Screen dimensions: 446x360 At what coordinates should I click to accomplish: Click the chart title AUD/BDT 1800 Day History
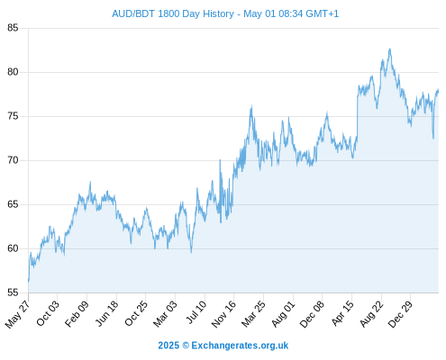click(173, 13)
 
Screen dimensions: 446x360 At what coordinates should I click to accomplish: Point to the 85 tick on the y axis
click(13, 28)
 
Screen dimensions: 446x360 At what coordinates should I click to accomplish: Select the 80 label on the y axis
click(13, 72)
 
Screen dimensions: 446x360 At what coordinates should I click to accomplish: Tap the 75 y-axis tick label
click(13, 116)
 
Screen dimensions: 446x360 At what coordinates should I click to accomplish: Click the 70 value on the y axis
click(13, 160)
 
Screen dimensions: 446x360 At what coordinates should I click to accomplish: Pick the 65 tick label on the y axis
click(13, 204)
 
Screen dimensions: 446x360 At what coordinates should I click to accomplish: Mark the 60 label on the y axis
click(13, 248)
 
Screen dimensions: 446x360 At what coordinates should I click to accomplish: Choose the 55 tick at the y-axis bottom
click(13, 292)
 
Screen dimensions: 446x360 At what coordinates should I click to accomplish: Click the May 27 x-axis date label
click(17, 314)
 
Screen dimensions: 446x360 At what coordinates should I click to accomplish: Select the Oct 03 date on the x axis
click(48, 313)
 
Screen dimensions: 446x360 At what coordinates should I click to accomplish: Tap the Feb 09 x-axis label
click(77, 313)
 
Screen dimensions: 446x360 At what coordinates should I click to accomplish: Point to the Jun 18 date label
click(106, 313)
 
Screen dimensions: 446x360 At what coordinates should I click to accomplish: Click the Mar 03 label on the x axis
click(165, 314)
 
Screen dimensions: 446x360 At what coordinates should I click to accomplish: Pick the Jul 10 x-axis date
click(196, 312)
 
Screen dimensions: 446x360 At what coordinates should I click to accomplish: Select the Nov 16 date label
click(223, 314)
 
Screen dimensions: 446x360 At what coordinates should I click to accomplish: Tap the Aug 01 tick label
click(283, 314)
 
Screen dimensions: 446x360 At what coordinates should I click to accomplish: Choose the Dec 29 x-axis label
click(400, 314)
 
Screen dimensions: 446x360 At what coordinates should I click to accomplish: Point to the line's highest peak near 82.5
click(390, 49)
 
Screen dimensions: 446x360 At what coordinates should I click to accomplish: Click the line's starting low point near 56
click(29, 282)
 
